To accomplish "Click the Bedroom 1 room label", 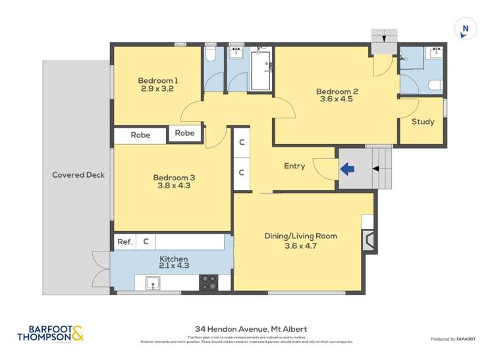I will click(x=158, y=81).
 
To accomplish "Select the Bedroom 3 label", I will click(x=174, y=177).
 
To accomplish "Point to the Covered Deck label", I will click(x=78, y=175).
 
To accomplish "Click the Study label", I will click(x=422, y=122).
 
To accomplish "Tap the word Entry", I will click(x=294, y=166).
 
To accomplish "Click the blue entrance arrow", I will click(x=347, y=169).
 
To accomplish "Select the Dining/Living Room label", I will click(x=300, y=236).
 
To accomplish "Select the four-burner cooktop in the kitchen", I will click(x=209, y=283).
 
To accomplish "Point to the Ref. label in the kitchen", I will click(x=125, y=242).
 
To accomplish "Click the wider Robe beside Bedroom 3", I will click(x=140, y=135).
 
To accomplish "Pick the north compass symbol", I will click(x=465, y=29).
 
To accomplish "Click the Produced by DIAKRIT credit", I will click(x=453, y=339).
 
